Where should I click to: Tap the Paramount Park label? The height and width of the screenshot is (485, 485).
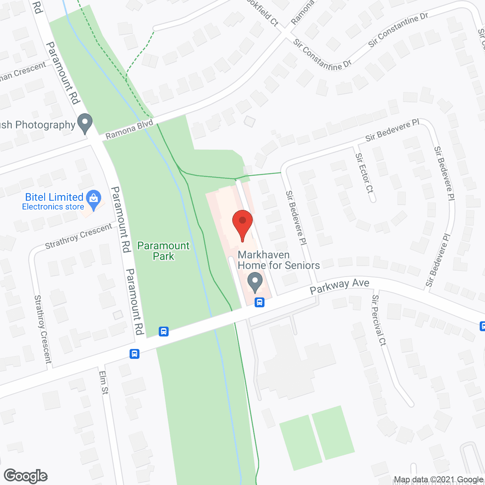pos(163,251)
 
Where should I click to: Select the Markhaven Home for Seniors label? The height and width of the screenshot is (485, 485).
pos(278,260)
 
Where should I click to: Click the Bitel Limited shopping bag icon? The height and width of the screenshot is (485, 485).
pos(94,199)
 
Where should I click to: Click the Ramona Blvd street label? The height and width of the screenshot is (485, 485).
pos(129,129)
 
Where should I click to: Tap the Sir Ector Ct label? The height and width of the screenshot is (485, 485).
pos(365,173)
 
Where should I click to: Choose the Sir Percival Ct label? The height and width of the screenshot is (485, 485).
pos(379,320)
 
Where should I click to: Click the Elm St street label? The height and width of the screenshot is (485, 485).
pos(103,382)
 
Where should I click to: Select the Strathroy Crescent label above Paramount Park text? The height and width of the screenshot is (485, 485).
pos(78,236)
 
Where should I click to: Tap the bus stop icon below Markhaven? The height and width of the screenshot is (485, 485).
pos(260,302)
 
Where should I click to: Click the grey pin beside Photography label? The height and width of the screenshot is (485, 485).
pos(85,124)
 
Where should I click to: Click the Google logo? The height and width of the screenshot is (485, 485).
pos(26,476)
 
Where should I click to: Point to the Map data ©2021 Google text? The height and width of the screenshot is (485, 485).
pos(438,480)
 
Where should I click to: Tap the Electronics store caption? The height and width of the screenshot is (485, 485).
pos(53,207)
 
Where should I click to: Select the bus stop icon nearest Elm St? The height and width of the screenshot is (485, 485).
pos(135,354)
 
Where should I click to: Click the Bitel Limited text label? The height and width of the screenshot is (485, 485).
pos(54,197)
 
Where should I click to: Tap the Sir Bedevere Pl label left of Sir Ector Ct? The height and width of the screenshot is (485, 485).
pos(296,217)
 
